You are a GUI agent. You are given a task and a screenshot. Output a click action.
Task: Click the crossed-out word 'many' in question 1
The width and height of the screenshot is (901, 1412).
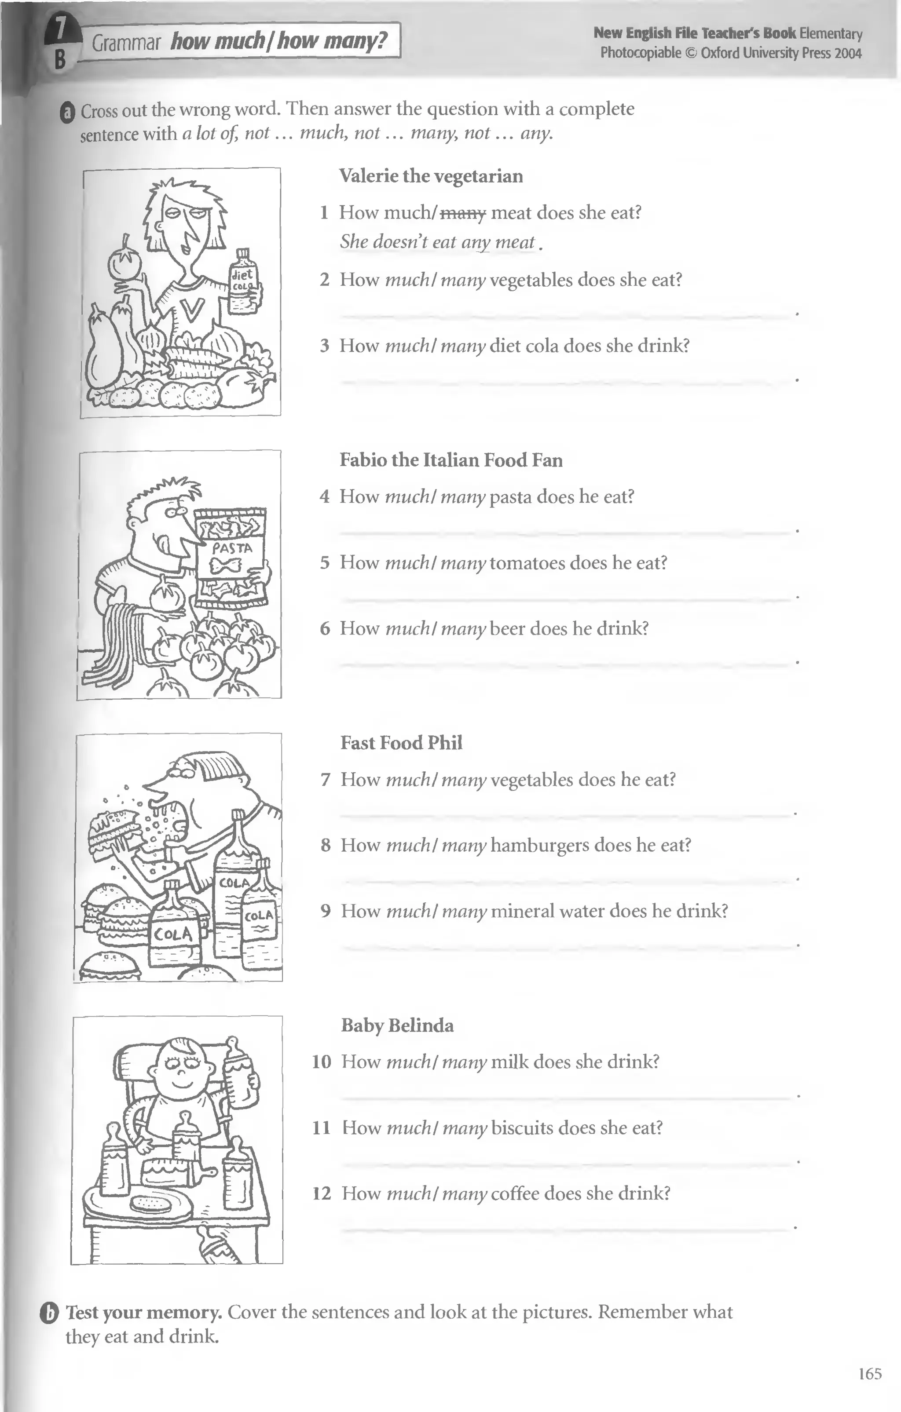click(463, 213)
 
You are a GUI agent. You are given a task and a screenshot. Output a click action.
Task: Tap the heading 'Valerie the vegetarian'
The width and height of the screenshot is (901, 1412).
click(431, 176)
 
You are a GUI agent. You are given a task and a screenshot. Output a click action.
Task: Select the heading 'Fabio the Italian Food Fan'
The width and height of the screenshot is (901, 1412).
click(450, 460)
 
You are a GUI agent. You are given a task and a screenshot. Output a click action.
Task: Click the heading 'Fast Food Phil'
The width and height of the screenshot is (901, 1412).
click(401, 743)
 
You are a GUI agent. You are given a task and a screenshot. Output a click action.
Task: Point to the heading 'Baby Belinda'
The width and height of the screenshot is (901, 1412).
click(397, 1025)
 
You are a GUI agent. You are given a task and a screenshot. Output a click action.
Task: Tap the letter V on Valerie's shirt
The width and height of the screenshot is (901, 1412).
click(192, 308)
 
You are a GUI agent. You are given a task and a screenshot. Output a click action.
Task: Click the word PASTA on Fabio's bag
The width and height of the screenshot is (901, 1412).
click(232, 548)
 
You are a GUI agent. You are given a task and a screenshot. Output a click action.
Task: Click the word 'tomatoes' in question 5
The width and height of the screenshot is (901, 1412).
click(527, 563)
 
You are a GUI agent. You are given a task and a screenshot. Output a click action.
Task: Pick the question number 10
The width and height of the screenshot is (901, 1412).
click(322, 1062)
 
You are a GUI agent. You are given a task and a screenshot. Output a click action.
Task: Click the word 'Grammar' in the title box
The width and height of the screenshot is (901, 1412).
click(126, 43)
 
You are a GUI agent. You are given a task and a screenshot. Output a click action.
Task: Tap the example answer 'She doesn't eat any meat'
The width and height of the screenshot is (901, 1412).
click(438, 242)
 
